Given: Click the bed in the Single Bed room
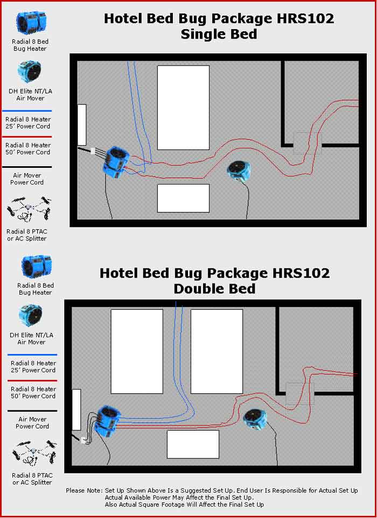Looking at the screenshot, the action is (x=183, y=108).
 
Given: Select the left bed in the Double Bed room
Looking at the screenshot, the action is (x=137, y=351).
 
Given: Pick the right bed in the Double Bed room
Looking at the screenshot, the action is (x=217, y=351).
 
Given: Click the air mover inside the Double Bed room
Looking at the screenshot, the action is (x=254, y=419).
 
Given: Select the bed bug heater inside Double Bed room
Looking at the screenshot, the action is (x=107, y=421).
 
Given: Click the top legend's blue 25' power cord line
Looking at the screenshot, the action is (x=27, y=111).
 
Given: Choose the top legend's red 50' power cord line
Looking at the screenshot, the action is (x=27, y=137).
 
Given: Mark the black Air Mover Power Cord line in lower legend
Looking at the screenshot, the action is (x=32, y=411).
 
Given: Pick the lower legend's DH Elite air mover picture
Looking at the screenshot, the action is (x=30, y=316).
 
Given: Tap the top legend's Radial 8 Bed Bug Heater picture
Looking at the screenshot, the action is (x=31, y=23).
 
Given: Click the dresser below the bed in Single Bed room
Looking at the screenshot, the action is (x=183, y=198).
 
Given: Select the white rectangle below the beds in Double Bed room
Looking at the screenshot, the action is (x=193, y=444).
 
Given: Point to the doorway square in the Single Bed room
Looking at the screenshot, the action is (x=307, y=143).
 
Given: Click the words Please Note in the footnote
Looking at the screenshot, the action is (x=85, y=491).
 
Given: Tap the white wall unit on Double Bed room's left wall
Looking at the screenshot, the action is (x=76, y=410).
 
